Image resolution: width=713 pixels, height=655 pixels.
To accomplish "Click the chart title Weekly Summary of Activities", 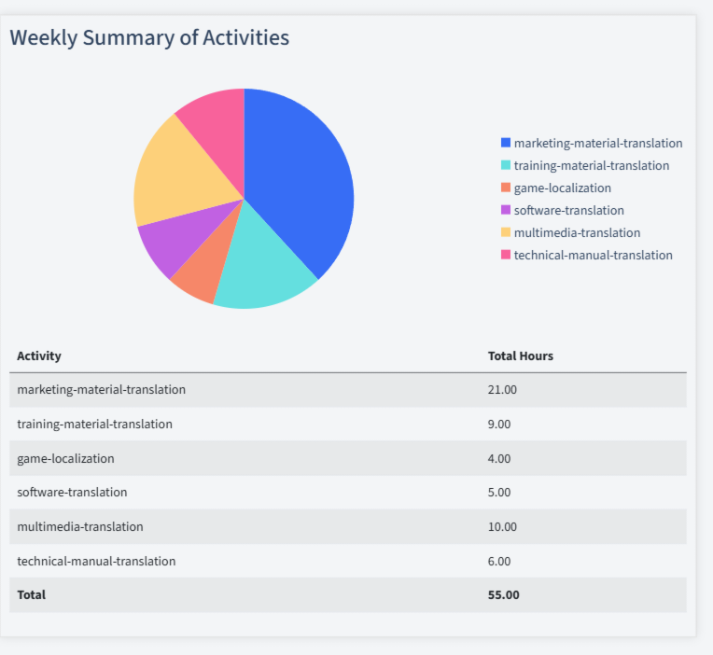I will tap(149, 37).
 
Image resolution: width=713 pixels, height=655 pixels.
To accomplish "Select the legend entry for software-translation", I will tap(568, 210).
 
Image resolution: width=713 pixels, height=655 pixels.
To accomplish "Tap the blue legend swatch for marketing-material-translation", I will tap(506, 143).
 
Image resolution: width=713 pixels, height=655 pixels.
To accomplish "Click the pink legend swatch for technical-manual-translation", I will tap(506, 255).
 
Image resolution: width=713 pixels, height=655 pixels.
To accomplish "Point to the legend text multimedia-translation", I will tap(577, 232).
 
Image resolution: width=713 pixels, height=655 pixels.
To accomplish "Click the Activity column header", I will tap(39, 355).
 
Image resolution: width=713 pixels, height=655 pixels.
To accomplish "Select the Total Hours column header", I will tap(520, 355).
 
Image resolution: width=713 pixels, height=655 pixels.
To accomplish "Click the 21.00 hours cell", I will tap(502, 389).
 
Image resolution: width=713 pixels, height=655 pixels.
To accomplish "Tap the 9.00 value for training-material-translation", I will tap(499, 424).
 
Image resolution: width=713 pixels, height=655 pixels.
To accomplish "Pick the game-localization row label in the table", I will tap(65, 458).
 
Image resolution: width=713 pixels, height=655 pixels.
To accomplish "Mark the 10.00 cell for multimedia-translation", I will tap(502, 526).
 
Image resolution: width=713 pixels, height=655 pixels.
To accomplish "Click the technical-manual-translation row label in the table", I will tap(96, 561).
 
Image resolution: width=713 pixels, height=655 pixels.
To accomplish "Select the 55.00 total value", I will tap(503, 594).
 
